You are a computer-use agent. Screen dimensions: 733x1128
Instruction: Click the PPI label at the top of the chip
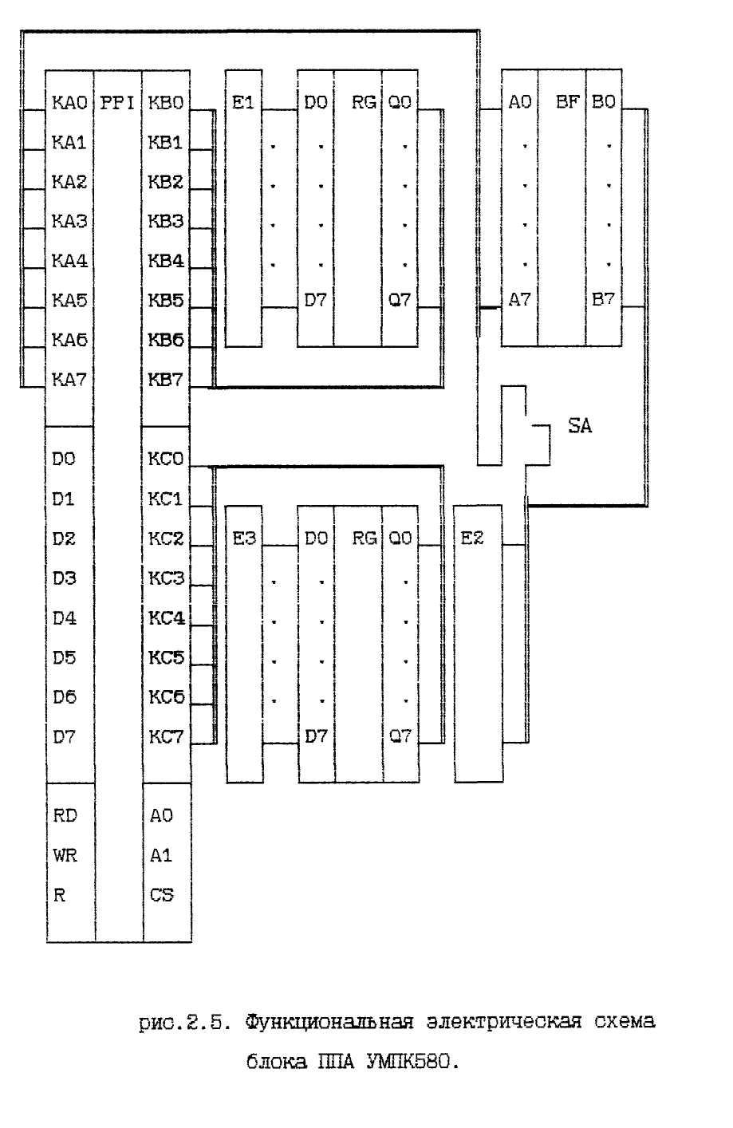click(117, 103)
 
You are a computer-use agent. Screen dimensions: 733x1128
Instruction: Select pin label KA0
click(69, 103)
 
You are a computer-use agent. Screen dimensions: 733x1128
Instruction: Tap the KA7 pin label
click(69, 379)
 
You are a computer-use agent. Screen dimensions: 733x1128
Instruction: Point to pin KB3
click(166, 221)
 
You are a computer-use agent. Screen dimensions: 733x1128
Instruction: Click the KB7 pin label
click(166, 379)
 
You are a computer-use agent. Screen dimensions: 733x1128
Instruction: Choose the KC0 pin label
click(166, 459)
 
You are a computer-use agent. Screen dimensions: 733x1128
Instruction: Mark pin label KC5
click(167, 657)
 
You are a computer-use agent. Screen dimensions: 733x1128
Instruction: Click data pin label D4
click(65, 618)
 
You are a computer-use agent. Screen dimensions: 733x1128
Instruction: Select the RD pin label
click(65, 815)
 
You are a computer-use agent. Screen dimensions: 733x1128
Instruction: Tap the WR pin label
click(65, 855)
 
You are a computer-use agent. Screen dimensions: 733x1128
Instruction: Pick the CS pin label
click(162, 895)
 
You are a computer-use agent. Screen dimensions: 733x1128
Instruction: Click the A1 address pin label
click(161, 855)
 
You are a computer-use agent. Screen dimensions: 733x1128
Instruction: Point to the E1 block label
click(242, 103)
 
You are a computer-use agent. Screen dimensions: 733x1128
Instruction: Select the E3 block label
click(244, 538)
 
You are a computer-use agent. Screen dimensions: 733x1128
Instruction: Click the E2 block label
click(471, 538)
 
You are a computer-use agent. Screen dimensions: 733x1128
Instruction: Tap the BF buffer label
click(568, 102)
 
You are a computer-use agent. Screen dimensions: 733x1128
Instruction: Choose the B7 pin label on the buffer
click(603, 300)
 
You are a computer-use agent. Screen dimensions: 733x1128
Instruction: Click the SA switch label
click(580, 426)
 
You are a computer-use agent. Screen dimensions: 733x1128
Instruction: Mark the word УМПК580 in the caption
click(412, 1062)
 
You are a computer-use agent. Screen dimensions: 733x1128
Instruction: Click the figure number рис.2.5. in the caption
click(185, 1023)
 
